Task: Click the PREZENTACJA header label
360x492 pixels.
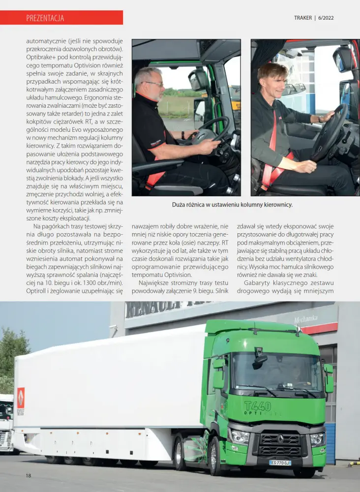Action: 45,18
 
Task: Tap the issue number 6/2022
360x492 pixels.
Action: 326,18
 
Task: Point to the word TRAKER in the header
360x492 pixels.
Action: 302,18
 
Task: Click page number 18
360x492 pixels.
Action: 29,475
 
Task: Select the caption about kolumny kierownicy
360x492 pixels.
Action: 232,205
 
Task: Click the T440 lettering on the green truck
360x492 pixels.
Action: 257,406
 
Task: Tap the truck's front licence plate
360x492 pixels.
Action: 280,463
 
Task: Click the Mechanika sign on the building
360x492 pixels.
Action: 306,319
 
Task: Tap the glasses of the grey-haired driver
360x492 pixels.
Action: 154,85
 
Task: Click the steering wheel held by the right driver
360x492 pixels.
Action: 328,132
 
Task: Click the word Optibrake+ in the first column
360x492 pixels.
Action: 40,58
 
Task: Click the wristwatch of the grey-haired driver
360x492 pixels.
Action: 182,135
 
